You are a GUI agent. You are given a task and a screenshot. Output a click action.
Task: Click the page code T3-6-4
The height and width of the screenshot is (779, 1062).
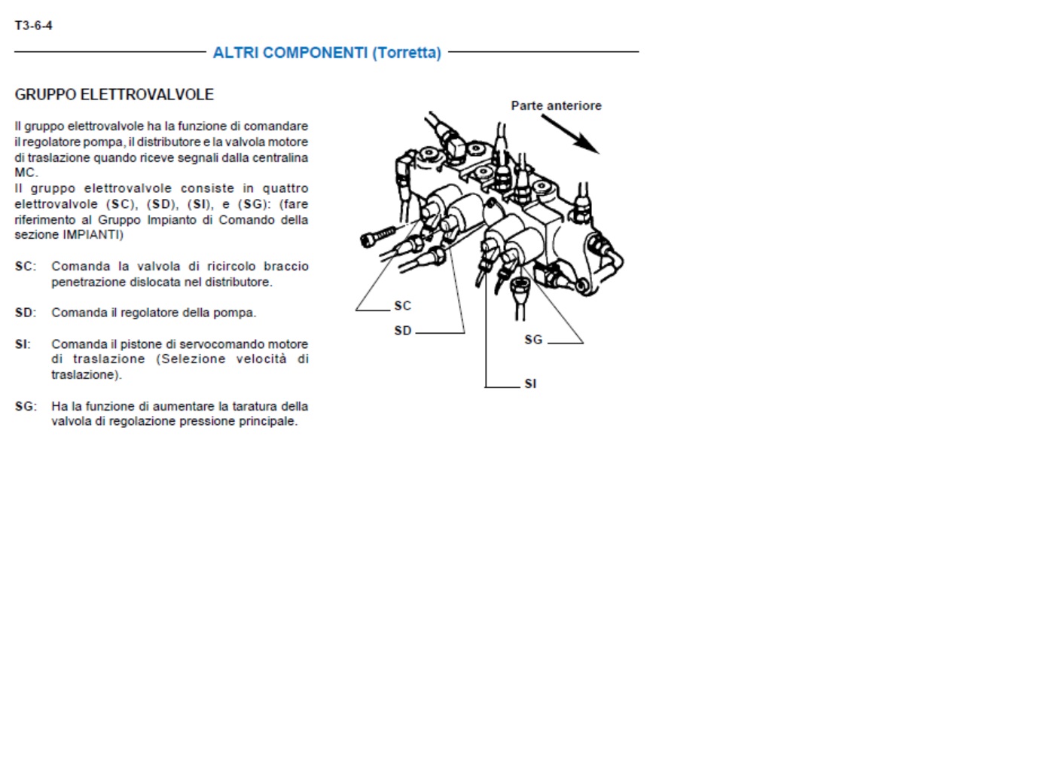click(x=33, y=26)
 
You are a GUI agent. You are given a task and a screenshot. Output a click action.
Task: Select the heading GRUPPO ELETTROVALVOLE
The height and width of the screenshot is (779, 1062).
click(x=114, y=94)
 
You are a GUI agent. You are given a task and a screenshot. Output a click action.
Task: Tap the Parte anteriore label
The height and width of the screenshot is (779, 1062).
click(x=556, y=105)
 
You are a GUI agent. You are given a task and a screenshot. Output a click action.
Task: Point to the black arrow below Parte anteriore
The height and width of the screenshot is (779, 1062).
click(x=571, y=135)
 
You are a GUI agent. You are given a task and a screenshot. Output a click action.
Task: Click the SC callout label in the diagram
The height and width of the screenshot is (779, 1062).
click(x=402, y=306)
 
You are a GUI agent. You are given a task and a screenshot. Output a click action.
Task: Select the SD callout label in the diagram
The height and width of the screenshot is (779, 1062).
click(x=402, y=331)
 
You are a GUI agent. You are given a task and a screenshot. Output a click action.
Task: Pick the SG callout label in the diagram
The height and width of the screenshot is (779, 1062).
click(x=533, y=340)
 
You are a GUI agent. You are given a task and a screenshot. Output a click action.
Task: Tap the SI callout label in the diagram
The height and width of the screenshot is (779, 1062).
click(x=530, y=383)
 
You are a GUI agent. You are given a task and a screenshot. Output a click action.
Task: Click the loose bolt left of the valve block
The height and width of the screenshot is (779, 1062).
click(x=377, y=236)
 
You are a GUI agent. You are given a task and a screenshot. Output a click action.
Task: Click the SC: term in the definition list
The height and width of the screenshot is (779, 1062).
click(x=25, y=267)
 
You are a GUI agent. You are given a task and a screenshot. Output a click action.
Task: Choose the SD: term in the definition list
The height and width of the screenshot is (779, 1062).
click(x=25, y=313)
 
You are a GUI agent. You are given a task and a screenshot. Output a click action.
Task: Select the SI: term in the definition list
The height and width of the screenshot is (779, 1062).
click(x=23, y=344)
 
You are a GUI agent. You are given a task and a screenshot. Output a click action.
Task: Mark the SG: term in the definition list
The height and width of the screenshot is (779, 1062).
click(x=26, y=406)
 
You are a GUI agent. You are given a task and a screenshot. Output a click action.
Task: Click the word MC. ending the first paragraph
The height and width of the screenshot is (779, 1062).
click(x=26, y=173)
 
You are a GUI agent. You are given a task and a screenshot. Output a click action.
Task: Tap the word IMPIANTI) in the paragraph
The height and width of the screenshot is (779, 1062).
click(x=93, y=235)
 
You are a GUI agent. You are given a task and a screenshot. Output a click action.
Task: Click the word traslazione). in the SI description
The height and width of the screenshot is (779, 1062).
click(x=87, y=374)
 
